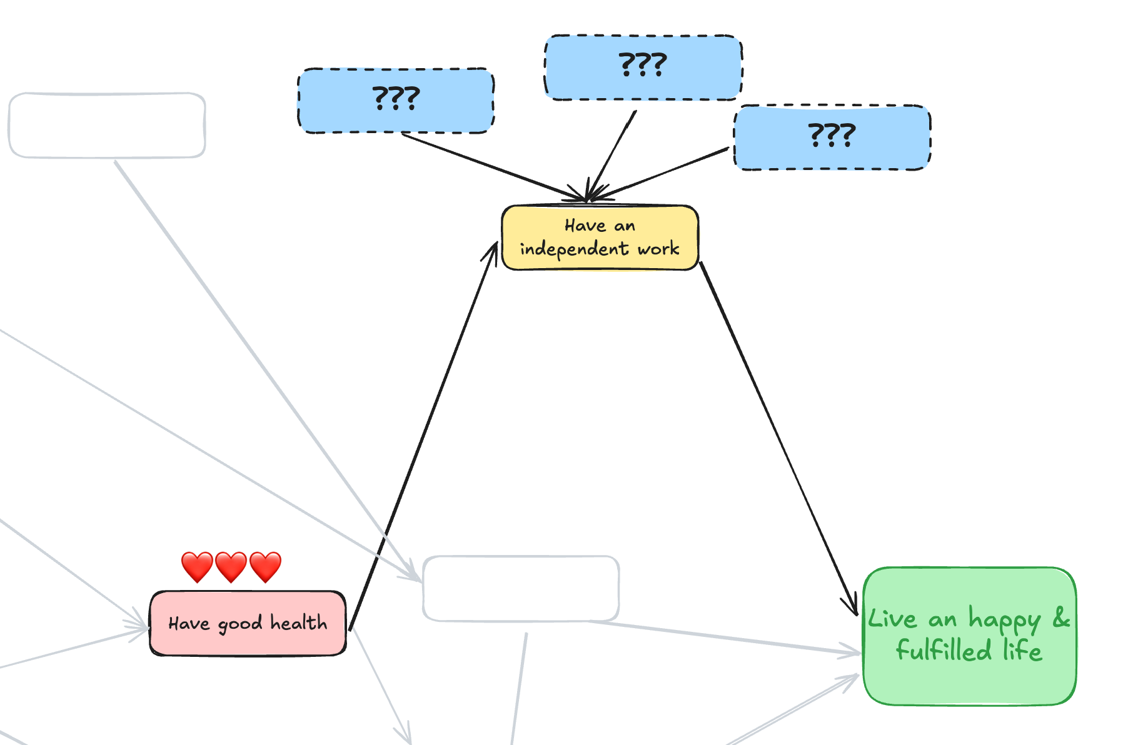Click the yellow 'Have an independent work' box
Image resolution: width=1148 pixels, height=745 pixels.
click(600, 237)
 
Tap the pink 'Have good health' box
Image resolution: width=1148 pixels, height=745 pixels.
click(248, 623)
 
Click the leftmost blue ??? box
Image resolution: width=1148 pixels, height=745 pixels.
click(395, 101)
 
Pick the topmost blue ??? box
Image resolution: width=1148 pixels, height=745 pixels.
click(643, 67)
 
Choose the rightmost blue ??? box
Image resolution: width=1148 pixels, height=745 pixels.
click(832, 137)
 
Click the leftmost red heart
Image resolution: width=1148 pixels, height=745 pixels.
click(197, 566)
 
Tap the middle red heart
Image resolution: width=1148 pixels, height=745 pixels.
click(231, 566)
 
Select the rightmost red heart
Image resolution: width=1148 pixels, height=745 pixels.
click(265, 566)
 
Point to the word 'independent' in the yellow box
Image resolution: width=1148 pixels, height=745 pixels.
click(573, 249)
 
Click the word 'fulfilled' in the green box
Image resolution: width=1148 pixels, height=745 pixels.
click(944, 650)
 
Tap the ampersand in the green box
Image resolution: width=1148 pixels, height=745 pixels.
click(1061, 618)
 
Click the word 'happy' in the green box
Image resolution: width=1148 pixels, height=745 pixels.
click(1004, 620)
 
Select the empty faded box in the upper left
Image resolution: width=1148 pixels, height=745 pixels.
click(107, 125)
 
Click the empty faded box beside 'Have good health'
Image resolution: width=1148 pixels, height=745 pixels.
click(521, 588)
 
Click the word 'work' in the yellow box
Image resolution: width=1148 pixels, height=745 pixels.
click(658, 249)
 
